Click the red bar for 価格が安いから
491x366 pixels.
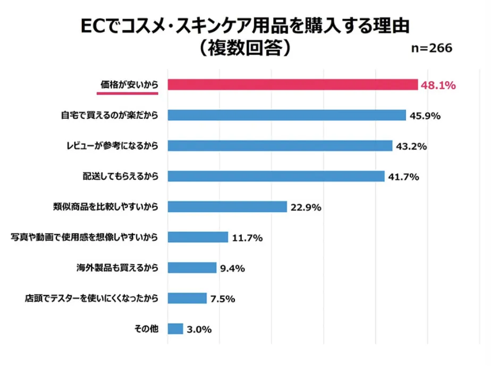click(x=292, y=85)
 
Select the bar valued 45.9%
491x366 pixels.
click(x=287, y=115)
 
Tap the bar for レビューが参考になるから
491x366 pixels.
click(x=280, y=146)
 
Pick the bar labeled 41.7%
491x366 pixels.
click(x=276, y=176)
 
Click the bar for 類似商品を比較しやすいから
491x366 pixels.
click(x=227, y=207)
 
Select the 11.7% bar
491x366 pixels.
click(x=198, y=237)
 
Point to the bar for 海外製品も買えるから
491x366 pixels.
click(x=192, y=268)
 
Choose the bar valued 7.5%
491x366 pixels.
click(x=187, y=298)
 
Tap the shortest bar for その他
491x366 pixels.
click(x=175, y=329)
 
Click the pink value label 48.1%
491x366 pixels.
click(x=438, y=85)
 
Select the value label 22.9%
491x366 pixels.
click(x=306, y=207)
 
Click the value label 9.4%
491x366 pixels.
click(x=232, y=268)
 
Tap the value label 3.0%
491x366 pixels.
click(x=199, y=329)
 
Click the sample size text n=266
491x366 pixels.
click(x=432, y=48)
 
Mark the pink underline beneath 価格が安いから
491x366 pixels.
click(x=128, y=92)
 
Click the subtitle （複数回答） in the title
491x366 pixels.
click(x=245, y=48)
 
